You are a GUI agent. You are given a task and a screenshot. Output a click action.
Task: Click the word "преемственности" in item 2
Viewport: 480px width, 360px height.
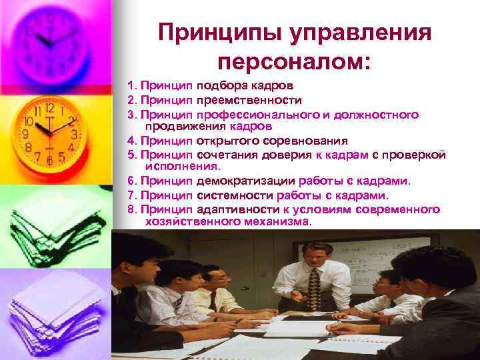[x=249, y=101]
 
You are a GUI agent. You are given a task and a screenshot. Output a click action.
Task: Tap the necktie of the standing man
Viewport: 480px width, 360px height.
[x=313, y=287]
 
